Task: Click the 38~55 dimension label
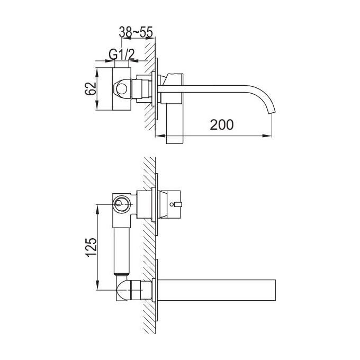136,33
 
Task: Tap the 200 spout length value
222,125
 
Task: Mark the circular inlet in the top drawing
122,89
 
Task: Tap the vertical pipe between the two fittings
122,248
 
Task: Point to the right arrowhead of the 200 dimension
269,137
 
